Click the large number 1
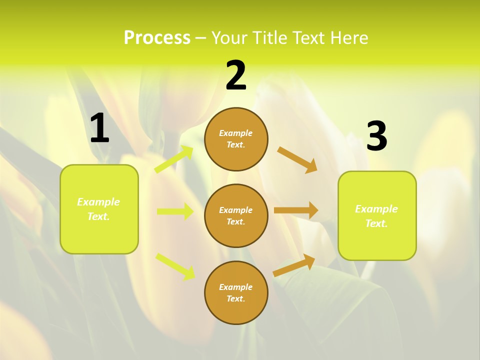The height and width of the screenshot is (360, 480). pos(99,128)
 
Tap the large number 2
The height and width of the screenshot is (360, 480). pos(236,75)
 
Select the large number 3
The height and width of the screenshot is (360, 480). pos(376,136)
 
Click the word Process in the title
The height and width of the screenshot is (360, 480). pos(157,37)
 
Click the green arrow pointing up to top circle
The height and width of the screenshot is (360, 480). pos(174,159)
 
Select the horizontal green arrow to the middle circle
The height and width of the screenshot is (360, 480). pos(175,211)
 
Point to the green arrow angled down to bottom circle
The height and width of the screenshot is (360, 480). pos(175,266)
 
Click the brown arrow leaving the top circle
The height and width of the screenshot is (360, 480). pos(297,160)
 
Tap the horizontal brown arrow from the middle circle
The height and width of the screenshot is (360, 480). pos(296,210)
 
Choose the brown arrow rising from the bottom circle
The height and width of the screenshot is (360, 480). pos(294,265)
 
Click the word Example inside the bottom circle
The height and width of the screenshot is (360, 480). pos(236,287)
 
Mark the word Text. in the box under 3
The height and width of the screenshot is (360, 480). pos(376,223)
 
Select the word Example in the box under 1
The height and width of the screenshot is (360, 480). pos(98,202)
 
